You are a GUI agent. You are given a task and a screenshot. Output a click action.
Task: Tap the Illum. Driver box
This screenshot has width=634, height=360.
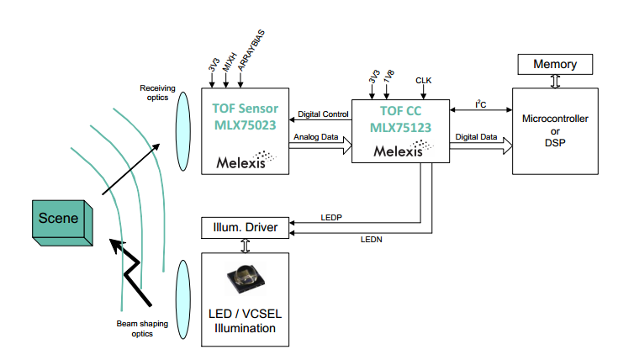244,227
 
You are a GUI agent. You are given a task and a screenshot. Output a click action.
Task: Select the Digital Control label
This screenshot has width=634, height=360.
324,114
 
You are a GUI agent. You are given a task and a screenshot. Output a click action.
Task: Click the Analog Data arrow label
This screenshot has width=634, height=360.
318,136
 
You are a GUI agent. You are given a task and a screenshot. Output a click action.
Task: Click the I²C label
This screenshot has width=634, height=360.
481,104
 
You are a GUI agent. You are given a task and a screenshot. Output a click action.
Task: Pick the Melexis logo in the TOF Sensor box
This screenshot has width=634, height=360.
244,160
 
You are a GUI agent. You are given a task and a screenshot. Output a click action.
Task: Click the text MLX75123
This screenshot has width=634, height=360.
401,128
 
